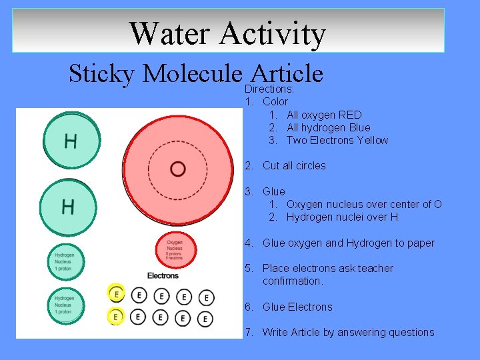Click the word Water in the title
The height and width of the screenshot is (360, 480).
(x=169, y=33)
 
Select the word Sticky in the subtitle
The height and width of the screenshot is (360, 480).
(x=102, y=73)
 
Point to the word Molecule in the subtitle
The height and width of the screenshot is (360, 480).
(x=193, y=73)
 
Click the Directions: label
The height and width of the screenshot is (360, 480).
(x=269, y=89)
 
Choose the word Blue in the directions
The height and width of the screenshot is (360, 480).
(x=359, y=127)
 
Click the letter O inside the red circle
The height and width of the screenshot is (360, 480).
(x=177, y=169)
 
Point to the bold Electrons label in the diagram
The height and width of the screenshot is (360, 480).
(x=163, y=275)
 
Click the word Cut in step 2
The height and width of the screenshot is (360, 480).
(x=271, y=165)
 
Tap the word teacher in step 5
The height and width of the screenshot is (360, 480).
(x=377, y=268)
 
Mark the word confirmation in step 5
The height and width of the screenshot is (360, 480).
(x=292, y=281)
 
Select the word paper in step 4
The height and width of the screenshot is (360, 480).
(x=421, y=243)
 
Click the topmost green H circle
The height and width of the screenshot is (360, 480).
(x=70, y=141)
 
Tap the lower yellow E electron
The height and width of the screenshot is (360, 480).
(x=116, y=316)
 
